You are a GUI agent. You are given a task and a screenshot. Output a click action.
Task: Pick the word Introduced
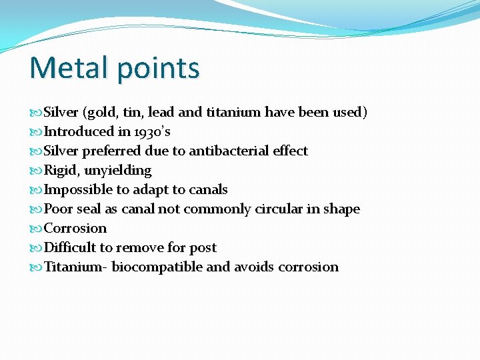click(79, 132)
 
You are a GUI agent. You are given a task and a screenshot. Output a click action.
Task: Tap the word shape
click(342, 209)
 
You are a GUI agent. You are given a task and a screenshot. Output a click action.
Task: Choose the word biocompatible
click(157, 267)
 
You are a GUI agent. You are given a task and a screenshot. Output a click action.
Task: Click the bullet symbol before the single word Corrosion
click(36, 229)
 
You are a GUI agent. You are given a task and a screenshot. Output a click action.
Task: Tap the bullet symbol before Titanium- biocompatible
click(36, 267)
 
